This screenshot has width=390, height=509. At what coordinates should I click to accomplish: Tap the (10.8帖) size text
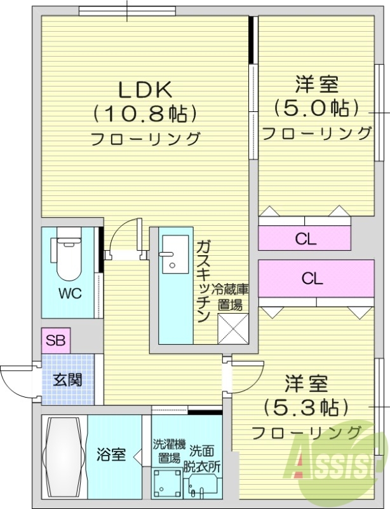144,115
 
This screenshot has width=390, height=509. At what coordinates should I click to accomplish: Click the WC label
70,293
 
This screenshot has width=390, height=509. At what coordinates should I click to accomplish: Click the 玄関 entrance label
67,380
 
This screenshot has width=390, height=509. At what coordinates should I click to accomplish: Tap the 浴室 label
111,455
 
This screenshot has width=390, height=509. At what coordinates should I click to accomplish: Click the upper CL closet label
306,239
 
